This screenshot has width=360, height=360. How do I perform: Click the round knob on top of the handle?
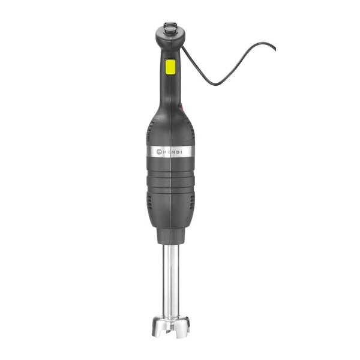pyautogui.click(x=170, y=28)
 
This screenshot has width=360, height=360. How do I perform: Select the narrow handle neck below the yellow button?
pyautogui.click(x=170, y=90)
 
